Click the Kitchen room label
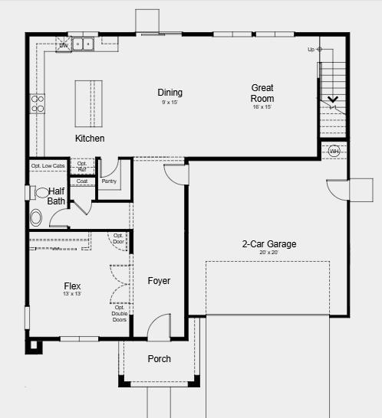90,139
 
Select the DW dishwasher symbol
64,45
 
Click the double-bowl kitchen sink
84,44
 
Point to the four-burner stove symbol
37,103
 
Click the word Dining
170,93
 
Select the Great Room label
262,93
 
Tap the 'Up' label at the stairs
311,49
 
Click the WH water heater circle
334,152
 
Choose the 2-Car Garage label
268,244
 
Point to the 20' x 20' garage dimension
268,253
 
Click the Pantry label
109,181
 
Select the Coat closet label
82,181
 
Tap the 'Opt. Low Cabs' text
48,165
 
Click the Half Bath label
57,196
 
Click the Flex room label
72,286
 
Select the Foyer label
159,281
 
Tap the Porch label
159,359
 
